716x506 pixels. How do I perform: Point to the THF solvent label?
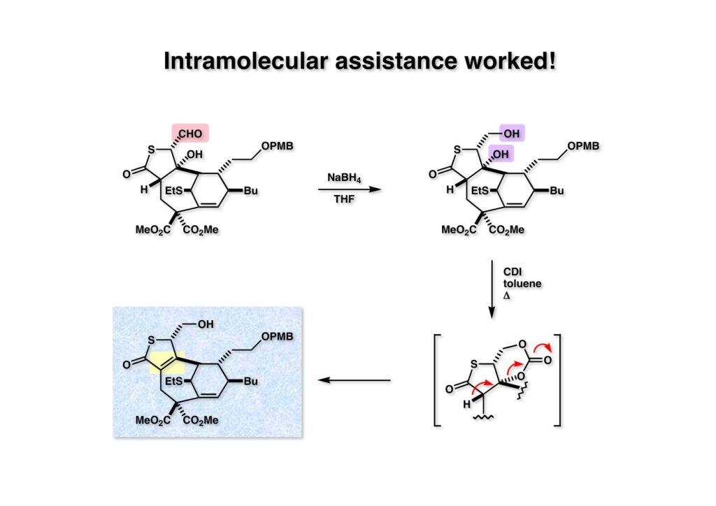pos(343,200)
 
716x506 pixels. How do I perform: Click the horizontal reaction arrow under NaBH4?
pos(343,188)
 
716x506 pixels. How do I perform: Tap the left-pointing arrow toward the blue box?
pos(354,380)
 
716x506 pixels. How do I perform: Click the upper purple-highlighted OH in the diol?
pos(510,132)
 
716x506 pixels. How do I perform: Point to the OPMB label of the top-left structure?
pos(277,146)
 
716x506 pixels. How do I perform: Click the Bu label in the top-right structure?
pos(557,190)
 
